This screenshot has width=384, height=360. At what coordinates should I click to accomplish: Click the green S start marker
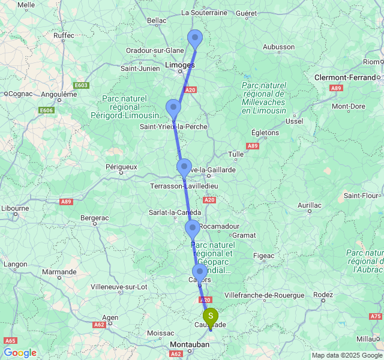(211, 316)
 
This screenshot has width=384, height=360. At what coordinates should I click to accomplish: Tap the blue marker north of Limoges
(195, 38)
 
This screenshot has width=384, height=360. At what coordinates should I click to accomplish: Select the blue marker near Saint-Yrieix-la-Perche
(173, 108)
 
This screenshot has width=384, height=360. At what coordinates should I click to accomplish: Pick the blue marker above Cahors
(200, 272)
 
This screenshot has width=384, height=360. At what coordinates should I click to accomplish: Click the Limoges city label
(179, 65)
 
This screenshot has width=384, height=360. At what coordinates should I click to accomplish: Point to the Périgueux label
(122, 167)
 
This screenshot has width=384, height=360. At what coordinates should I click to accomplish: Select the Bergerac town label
(95, 217)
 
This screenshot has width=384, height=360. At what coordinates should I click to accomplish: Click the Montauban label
(190, 344)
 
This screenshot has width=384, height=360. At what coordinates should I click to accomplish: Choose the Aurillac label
(310, 205)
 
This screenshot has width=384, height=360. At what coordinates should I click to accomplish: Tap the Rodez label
(323, 295)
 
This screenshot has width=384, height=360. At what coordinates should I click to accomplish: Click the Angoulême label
(51, 94)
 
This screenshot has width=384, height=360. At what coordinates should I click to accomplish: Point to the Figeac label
(264, 256)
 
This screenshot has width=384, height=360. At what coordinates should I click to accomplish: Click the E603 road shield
(81, 85)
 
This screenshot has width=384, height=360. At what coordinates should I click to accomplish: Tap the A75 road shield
(376, 316)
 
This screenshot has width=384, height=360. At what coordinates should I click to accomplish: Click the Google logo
(20, 353)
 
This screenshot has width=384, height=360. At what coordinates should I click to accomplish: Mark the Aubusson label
(279, 47)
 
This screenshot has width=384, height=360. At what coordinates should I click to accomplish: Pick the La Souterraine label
(204, 12)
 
